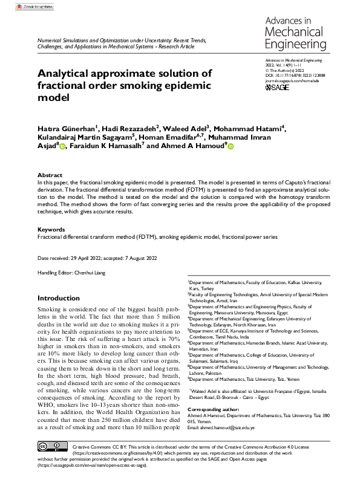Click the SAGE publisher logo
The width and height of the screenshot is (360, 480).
(x=278, y=88)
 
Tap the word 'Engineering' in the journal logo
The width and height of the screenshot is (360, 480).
(x=296, y=44)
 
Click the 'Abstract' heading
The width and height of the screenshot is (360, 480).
(x=50, y=175)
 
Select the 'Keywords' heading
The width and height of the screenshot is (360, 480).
(x=51, y=230)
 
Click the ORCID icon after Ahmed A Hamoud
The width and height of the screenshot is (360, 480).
(x=230, y=146)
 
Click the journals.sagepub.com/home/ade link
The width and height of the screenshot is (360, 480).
(x=292, y=80)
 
